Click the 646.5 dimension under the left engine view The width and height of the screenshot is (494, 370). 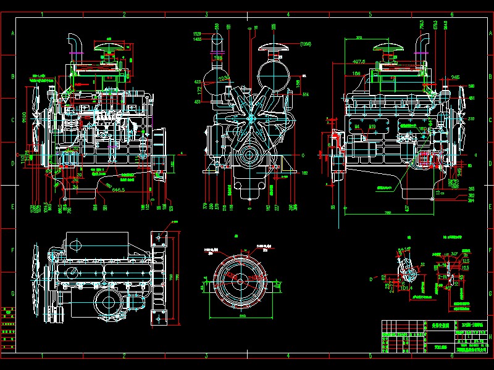[x=119, y=191]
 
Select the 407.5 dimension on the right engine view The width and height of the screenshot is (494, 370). [x=359, y=62]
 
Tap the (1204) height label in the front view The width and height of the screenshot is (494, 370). [x=305, y=44]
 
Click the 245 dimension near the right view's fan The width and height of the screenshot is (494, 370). [x=455, y=77]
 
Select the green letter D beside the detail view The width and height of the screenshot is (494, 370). [x=371, y=279]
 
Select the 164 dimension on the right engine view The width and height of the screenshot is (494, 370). [x=357, y=73]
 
